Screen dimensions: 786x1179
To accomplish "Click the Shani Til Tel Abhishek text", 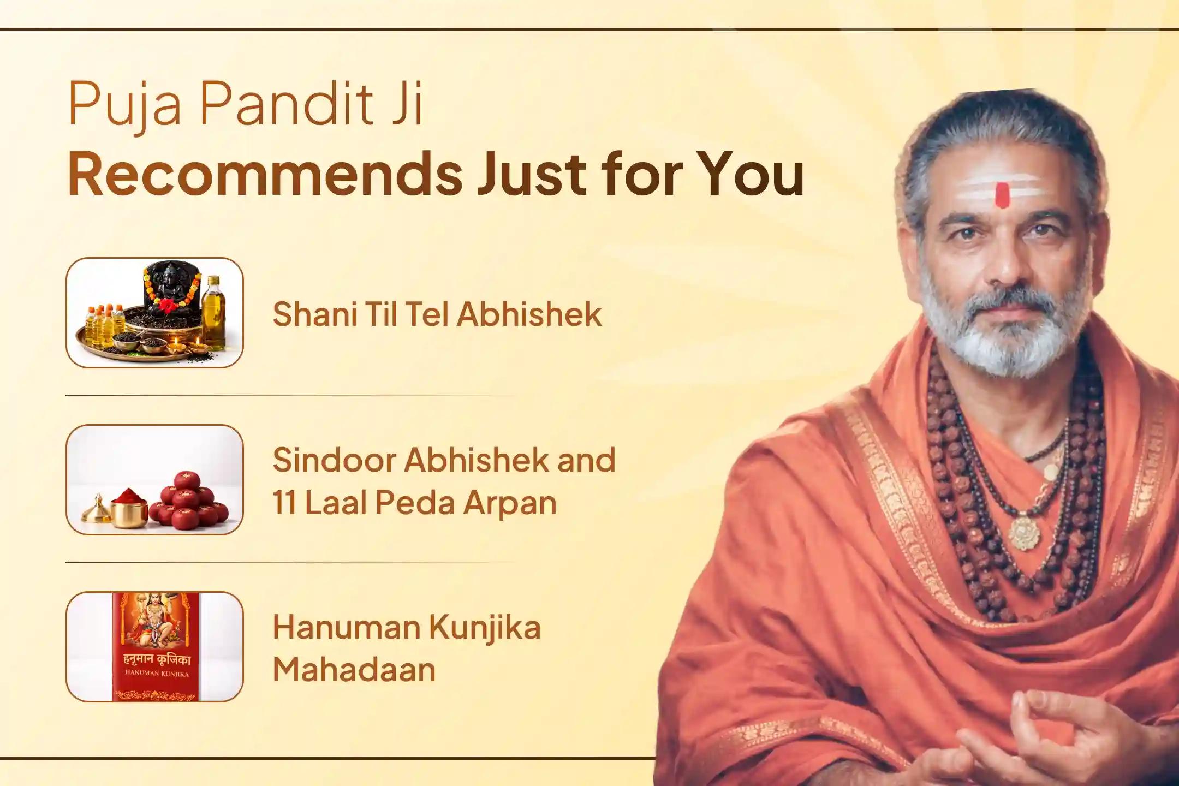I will (437, 314).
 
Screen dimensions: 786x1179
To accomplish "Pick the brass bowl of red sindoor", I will (129, 508).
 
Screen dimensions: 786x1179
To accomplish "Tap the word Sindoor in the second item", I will (333, 460).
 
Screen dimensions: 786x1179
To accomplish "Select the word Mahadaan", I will (354, 670).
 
